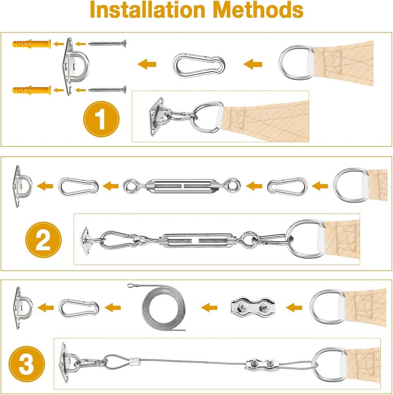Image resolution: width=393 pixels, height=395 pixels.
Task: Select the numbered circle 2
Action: [x=44, y=241]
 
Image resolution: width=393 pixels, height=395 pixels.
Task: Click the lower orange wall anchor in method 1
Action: [x=31, y=89]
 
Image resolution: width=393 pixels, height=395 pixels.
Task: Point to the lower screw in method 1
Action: [x=107, y=89]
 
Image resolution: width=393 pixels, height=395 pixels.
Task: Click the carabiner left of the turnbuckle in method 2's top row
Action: [x=78, y=186]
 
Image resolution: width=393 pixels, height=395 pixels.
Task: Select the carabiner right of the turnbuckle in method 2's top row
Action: [x=287, y=186]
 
